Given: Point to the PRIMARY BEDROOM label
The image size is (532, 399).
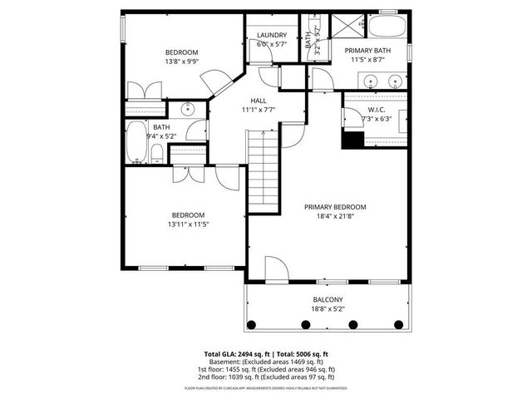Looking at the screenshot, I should [335, 207].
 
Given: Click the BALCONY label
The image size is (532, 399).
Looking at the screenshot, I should [328, 299].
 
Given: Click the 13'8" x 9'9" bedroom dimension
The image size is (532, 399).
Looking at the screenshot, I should [182, 62].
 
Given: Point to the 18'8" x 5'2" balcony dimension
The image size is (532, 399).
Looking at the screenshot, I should [328, 308].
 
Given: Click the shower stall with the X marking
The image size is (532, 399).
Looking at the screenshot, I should [349, 27].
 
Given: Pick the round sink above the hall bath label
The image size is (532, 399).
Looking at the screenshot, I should [188, 108].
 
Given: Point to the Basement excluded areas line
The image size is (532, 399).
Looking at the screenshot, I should [265, 362].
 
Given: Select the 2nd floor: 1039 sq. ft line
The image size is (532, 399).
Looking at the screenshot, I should [265, 378].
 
